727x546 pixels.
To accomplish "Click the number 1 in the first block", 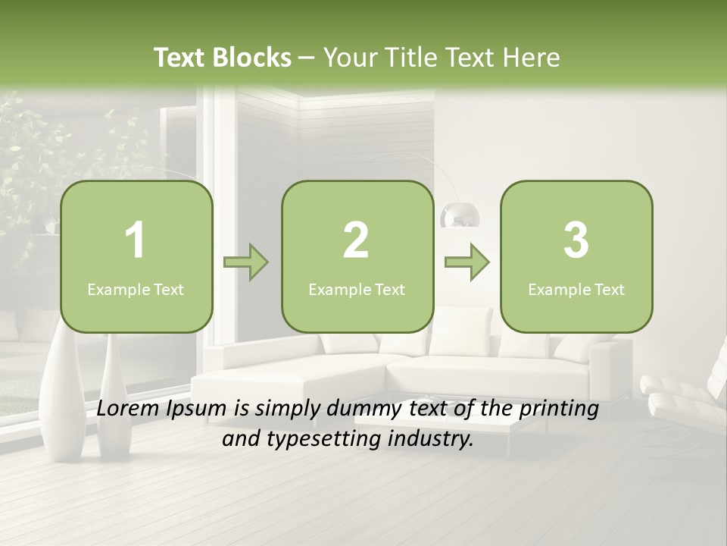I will pyautogui.click(x=136, y=240).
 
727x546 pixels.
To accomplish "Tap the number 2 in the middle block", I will pyautogui.click(x=356, y=240).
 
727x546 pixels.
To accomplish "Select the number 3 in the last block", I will pyautogui.click(x=576, y=240).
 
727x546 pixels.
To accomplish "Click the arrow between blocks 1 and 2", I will pyautogui.click(x=246, y=263).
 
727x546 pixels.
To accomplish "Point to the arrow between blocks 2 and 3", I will pyautogui.click(x=466, y=263).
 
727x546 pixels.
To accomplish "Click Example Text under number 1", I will pyautogui.click(x=136, y=289).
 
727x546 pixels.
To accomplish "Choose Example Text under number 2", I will pyautogui.click(x=357, y=289).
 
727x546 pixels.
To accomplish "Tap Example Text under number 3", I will pyautogui.click(x=576, y=289).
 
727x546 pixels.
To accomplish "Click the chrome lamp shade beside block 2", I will pyautogui.click(x=460, y=216).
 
